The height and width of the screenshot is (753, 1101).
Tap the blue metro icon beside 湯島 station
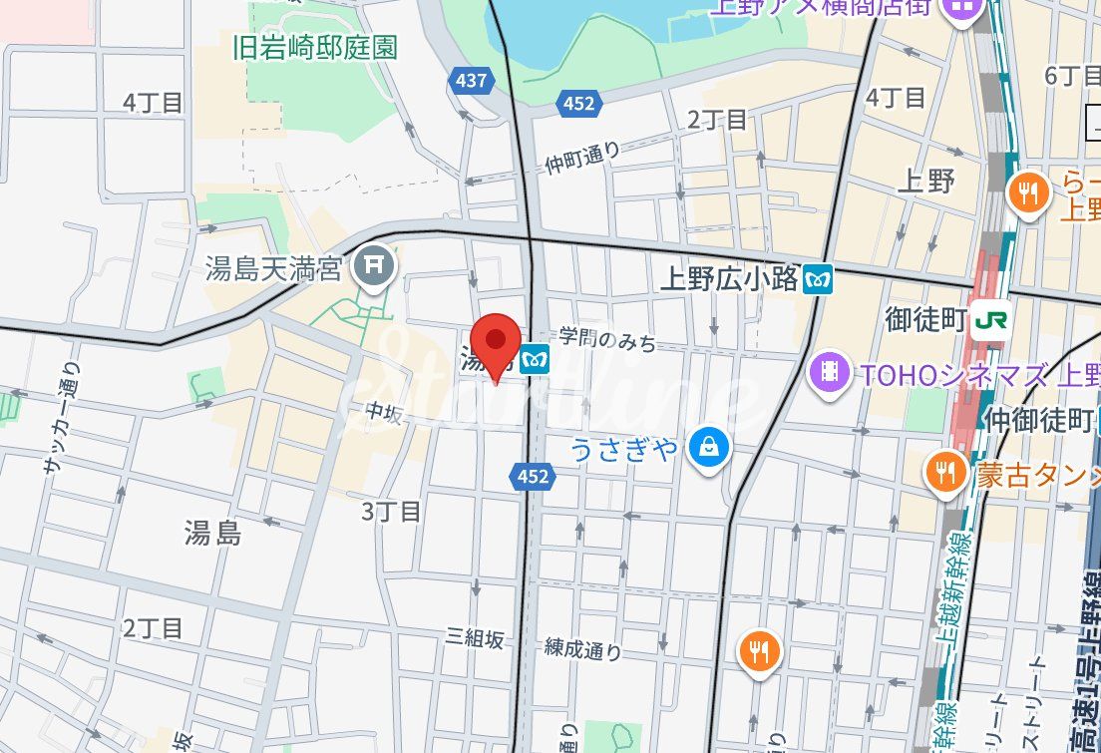[535, 356]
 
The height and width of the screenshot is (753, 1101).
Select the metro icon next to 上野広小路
[819, 279]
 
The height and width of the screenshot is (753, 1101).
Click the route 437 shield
[471, 81]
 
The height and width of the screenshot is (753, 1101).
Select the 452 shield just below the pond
[577, 103]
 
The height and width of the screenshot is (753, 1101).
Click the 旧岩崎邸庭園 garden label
[315, 48]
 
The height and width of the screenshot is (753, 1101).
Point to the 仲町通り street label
[583, 159]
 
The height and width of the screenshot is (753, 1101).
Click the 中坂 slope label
[383, 412]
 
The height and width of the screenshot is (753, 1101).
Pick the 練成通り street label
[583, 649]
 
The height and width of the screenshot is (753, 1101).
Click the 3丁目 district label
[391, 513]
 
